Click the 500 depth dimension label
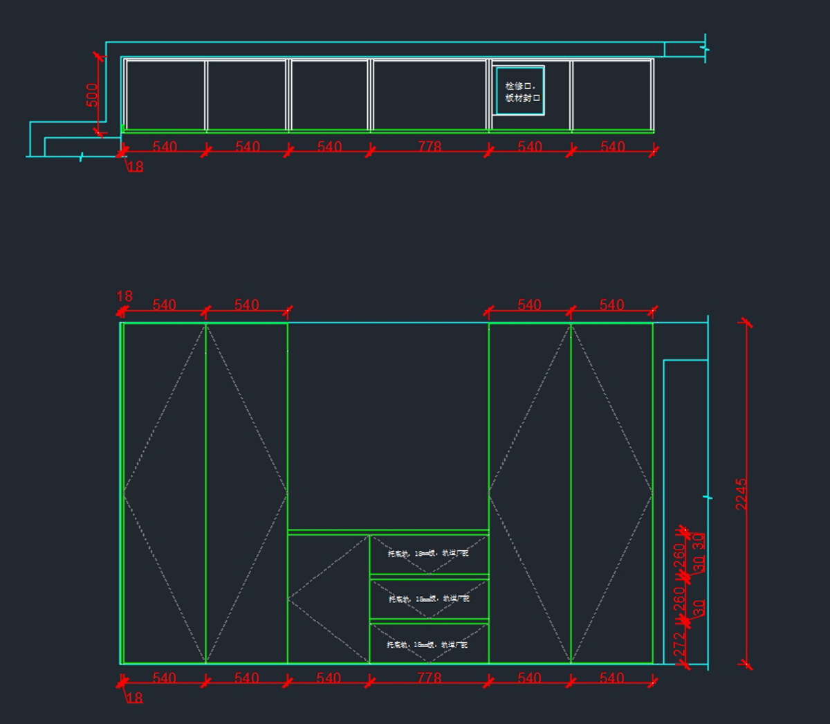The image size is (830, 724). (92, 96)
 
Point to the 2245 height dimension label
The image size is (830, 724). (741, 494)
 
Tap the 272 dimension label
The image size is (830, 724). (679, 645)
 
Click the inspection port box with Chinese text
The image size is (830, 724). (520, 91)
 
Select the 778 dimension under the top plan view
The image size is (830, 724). (430, 147)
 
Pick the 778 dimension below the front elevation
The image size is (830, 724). (430, 678)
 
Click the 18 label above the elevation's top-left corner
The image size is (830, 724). (124, 296)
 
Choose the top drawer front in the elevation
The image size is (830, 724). (429, 554)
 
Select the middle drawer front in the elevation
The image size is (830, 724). (429, 599)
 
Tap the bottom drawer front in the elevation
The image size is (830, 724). (429, 644)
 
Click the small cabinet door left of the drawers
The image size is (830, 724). (329, 599)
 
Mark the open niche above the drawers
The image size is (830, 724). (388, 426)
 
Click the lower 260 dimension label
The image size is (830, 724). (679, 599)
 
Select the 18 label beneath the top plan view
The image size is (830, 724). (136, 167)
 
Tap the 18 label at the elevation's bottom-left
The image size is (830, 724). (135, 698)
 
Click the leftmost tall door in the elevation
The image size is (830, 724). (165, 493)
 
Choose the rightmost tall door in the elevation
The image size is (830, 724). (612, 493)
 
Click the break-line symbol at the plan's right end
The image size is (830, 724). (705, 48)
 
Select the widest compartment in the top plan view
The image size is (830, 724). (430, 95)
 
